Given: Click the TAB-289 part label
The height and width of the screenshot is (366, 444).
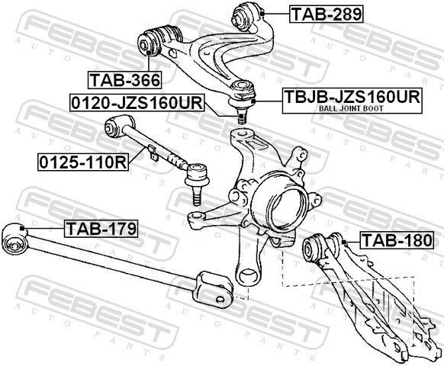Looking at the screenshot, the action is pyautogui.click(x=326, y=14).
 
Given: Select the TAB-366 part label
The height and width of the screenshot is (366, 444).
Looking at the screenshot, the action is pyautogui.click(x=125, y=80).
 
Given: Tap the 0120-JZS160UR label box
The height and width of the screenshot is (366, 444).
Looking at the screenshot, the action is pyautogui.click(x=137, y=102).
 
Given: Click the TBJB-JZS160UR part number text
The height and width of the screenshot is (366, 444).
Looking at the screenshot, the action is pyautogui.click(x=352, y=96).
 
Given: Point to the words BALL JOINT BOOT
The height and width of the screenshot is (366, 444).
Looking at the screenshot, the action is pyautogui.click(x=351, y=108).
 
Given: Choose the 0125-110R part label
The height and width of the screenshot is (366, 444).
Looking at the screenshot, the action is pyautogui.click(x=83, y=162).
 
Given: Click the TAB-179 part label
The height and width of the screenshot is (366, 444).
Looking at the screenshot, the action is pyautogui.click(x=101, y=229).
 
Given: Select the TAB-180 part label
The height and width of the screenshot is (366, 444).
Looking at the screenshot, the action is pyautogui.click(x=397, y=240).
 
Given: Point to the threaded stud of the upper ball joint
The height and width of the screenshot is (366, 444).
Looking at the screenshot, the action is pyautogui.click(x=242, y=116).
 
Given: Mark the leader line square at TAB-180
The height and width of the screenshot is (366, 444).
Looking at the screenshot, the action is pyautogui.click(x=344, y=242).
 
